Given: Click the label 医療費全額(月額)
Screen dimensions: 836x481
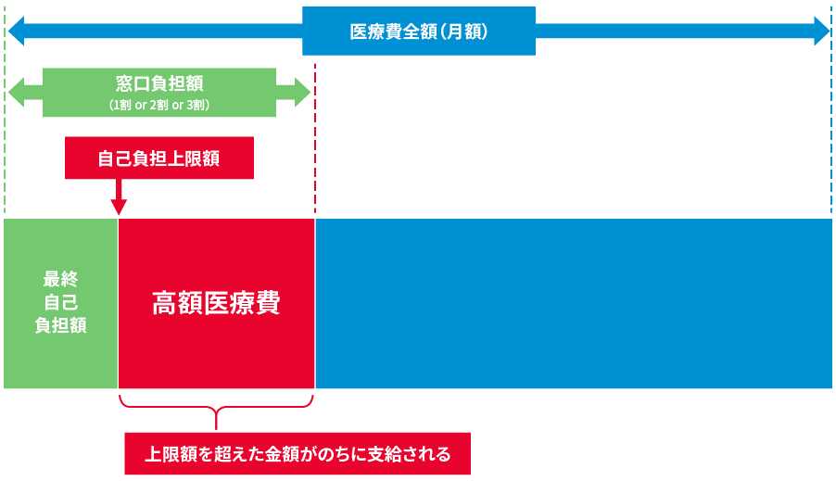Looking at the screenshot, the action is pos(419,32).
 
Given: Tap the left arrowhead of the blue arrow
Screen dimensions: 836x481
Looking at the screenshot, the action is pos(16,31).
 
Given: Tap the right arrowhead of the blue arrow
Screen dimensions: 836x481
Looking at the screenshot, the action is pos(821,31).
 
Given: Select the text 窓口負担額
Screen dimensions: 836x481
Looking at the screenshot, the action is pos(159,83).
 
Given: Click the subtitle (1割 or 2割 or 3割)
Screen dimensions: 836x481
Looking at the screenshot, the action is pos(159,105).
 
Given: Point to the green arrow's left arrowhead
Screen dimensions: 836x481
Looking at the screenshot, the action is pos(16,93).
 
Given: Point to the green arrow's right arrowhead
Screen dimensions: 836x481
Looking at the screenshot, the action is pos(302,93).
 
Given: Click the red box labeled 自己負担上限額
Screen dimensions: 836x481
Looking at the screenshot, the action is pos(159,158).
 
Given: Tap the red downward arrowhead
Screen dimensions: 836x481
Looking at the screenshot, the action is pos(119,207).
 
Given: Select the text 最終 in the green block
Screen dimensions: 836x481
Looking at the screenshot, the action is pos(61,278).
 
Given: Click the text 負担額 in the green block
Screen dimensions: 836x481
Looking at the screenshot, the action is pos(61,324).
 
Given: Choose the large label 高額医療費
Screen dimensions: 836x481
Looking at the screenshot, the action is pos(216,302).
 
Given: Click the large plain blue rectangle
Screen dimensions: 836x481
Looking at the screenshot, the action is pos(574,303).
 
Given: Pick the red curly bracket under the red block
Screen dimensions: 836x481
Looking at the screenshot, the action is pos(216,408).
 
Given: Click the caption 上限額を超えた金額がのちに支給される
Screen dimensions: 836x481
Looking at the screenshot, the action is pos(298,454).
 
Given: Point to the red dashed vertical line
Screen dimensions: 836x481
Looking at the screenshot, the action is pos(315,139).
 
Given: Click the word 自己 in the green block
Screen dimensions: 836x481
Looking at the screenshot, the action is pos(61,302).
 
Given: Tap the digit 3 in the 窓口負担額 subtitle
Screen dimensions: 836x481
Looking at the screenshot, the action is pos(189,105).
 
